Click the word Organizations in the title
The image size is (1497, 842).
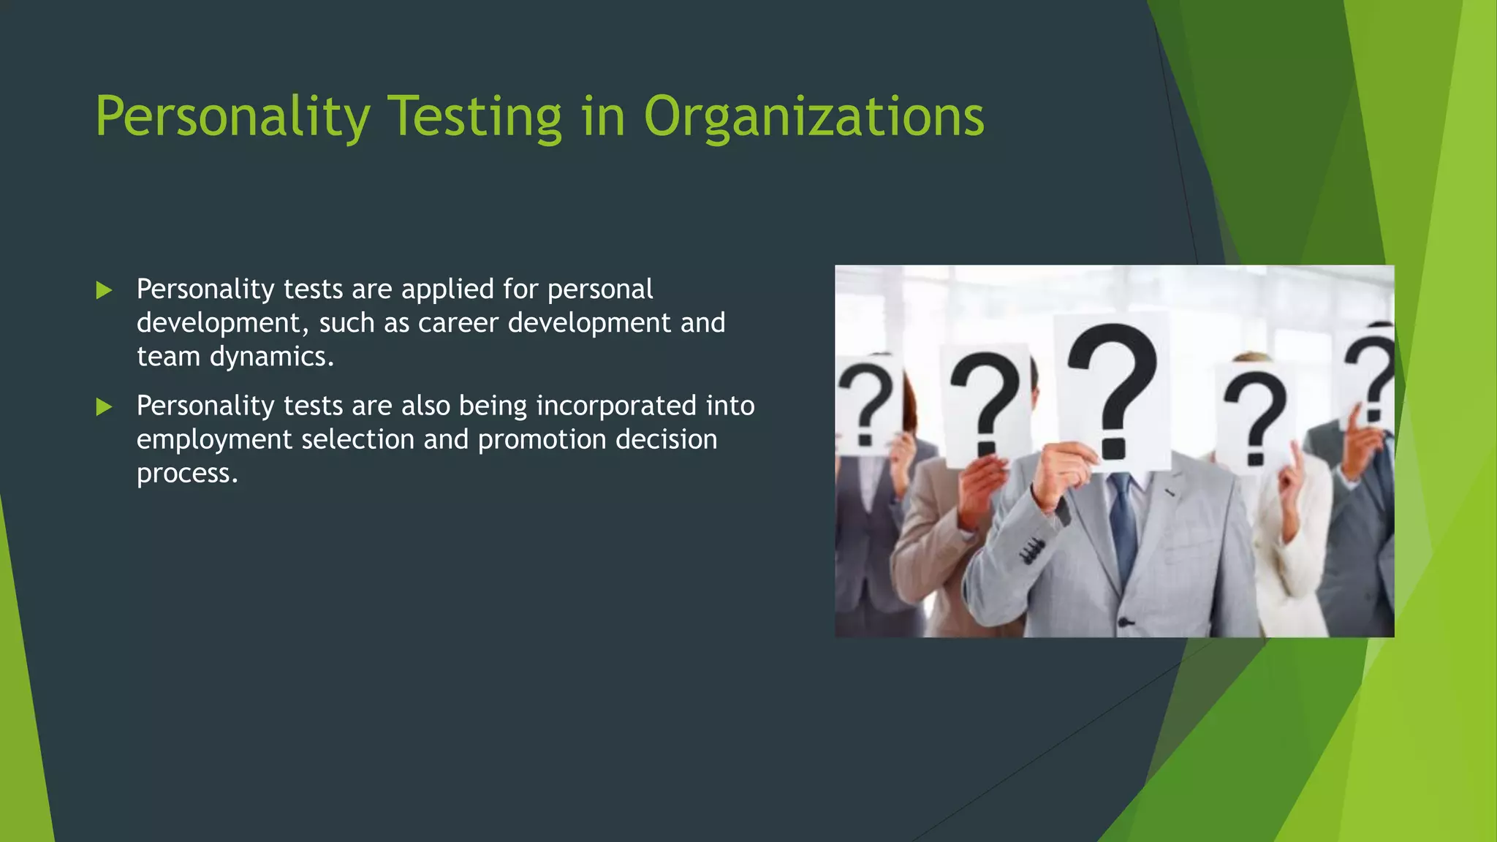[814, 117]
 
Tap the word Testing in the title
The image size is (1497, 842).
[474, 117]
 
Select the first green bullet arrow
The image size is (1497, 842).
[104, 291]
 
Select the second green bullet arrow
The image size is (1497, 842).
[104, 407]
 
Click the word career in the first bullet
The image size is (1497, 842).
[458, 322]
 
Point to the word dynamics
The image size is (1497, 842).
[272, 357]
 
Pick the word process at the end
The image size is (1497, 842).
[187, 474]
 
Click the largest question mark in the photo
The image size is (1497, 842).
[1113, 391]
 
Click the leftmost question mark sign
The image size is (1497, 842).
[867, 406]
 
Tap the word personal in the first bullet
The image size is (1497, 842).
[600, 289]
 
